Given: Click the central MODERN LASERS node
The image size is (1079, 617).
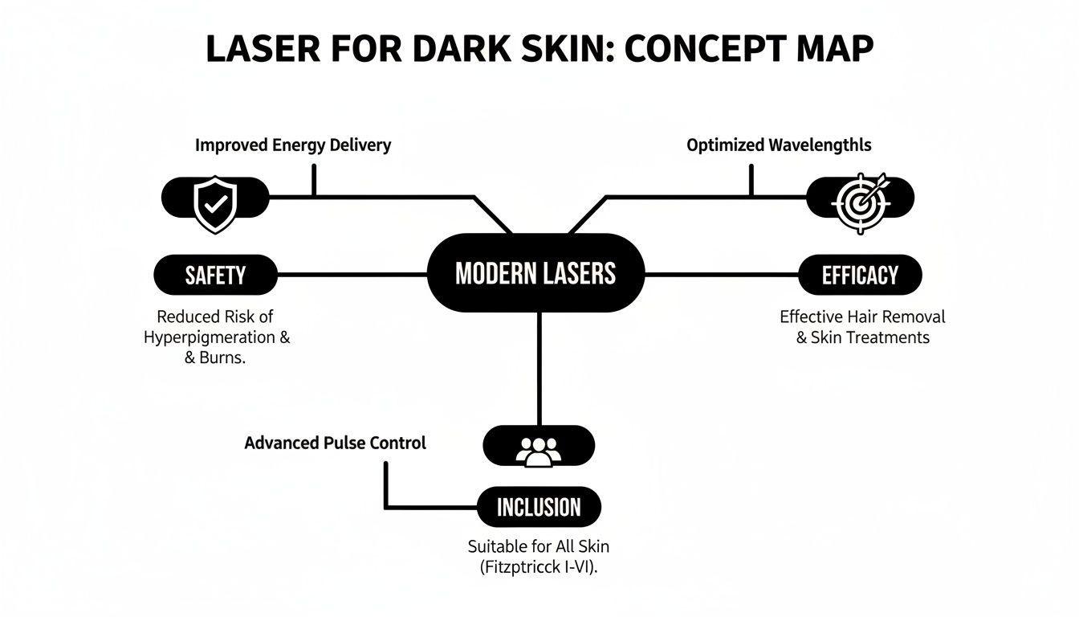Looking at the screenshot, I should (x=535, y=274).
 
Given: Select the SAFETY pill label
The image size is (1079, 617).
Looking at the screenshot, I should (x=215, y=276).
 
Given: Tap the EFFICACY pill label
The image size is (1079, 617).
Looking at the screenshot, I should (x=860, y=276).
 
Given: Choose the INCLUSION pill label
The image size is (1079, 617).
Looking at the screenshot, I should (x=539, y=507).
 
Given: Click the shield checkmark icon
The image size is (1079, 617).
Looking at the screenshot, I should (x=215, y=206).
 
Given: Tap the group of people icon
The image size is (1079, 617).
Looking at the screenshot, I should (x=538, y=452).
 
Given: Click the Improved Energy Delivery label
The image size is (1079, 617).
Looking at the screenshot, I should (x=293, y=145).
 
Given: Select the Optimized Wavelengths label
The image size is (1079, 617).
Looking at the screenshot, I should (x=779, y=145).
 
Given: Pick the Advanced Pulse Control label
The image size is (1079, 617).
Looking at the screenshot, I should (x=335, y=443).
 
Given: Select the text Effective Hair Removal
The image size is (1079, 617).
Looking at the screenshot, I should (x=862, y=317).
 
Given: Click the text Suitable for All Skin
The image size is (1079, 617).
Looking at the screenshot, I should (x=538, y=546).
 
